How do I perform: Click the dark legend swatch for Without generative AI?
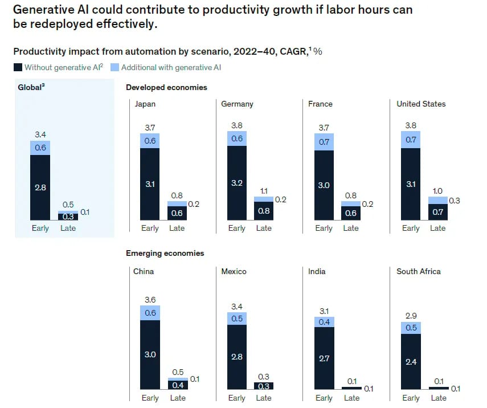point(18,67)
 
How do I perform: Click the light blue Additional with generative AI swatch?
point(115,67)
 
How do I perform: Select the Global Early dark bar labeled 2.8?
point(40,187)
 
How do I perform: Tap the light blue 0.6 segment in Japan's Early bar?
point(150,141)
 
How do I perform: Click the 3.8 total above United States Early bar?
point(411,125)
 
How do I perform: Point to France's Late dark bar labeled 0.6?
point(351,213)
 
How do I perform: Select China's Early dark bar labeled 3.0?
point(150,354)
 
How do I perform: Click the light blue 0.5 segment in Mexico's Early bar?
point(237,319)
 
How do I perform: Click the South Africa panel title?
point(419,271)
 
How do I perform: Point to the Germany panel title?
point(238,104)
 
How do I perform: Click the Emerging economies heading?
point(165,253)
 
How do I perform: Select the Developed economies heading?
point(166,87)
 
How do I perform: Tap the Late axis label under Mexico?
point(264,398)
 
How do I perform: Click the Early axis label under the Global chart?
point(40,228)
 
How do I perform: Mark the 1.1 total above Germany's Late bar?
point(264,191)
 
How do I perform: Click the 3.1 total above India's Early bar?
point(324,311)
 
